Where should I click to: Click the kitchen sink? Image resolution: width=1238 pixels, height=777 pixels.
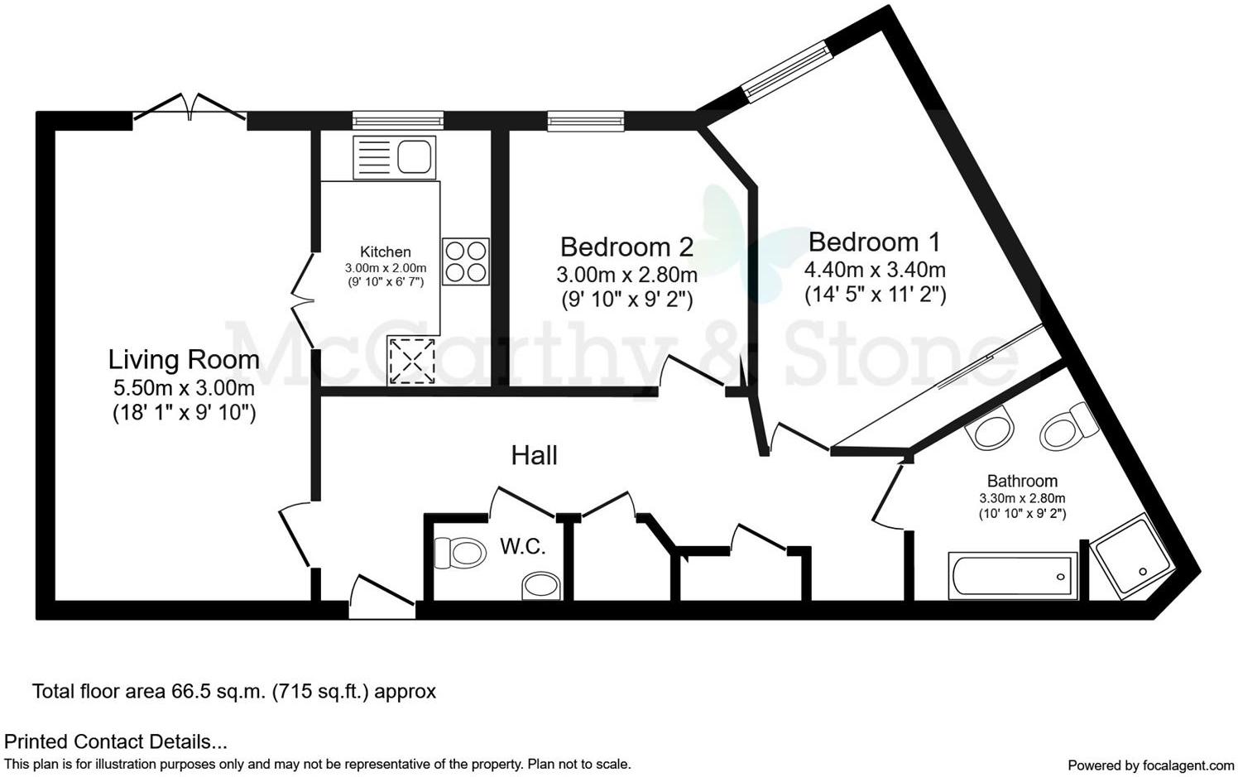[x=395, y=156]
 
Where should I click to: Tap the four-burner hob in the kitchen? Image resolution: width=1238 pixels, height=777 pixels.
[x=465, y=261]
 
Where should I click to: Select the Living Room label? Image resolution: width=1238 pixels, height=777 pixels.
[x=184, y=360]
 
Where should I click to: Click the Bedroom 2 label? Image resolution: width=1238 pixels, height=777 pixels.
[x=626, y=247]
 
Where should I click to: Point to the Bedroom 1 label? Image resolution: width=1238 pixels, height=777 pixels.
[x=874, y=242]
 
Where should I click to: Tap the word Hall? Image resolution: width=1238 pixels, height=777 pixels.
[x=534, y=455]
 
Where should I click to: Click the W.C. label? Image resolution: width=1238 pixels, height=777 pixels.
[x=522, y=547]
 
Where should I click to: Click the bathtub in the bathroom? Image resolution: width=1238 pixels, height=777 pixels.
[x=1013, y=576]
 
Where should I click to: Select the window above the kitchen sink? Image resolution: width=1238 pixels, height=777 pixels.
[x=397, y=121]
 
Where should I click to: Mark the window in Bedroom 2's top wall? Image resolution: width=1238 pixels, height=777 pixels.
[x=585, y=122]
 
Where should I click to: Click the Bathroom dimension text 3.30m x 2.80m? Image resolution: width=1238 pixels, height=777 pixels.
[x=1022, y=498]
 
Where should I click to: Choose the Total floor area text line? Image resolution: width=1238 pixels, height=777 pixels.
[x=233, y=691]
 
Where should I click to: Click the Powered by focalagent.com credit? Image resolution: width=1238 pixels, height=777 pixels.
[x=1149, y=765]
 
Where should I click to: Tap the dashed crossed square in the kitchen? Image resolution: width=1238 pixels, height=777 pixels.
[x=411, y=362]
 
